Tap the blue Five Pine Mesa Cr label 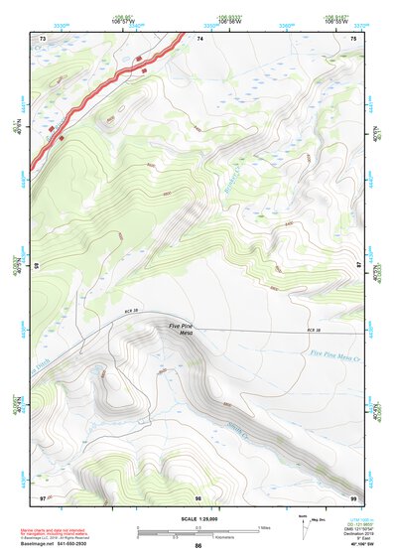[x=336, y=352]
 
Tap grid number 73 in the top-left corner [x=43, y=38]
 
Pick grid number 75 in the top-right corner [x=353, y=38]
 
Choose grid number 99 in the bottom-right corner [x=353, y=496]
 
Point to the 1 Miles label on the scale [x=265, y=526]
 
